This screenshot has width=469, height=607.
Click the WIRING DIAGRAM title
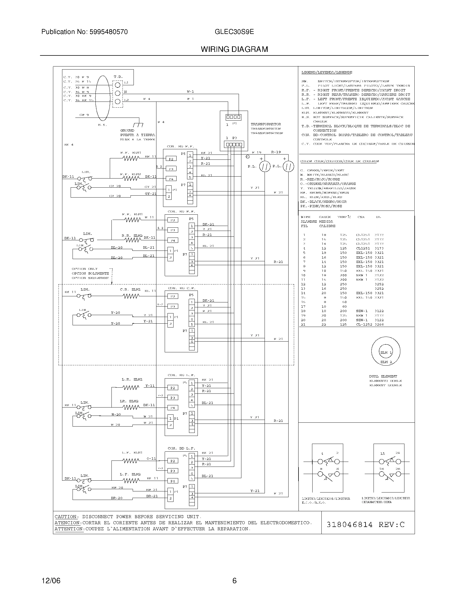tap(234, 49)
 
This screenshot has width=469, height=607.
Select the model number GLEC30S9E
tap(234, 32)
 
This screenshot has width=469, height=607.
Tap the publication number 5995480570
tap(108, 32)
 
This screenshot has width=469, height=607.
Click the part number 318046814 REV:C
tap(365, 525)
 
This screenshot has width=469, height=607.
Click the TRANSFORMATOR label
tap(266, 124)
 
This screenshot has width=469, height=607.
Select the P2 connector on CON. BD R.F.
tap(171, 159)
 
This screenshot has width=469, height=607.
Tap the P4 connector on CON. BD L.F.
tap(172, 481)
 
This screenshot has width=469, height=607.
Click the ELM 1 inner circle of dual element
tap(386, 352)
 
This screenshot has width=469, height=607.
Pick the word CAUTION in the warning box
tap(66, 517)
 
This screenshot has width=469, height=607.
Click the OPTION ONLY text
tap(84, 269)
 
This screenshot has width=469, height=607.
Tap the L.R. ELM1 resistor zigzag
tap(131, 387)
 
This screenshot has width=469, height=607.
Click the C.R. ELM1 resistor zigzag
tap(131, 296)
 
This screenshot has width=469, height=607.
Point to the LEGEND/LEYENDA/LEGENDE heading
tap(327, 72)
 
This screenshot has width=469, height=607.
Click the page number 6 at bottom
tap(234, 581)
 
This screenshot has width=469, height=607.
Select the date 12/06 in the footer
tap(51, 581)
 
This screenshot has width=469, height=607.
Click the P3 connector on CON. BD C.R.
tap(172, 306)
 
